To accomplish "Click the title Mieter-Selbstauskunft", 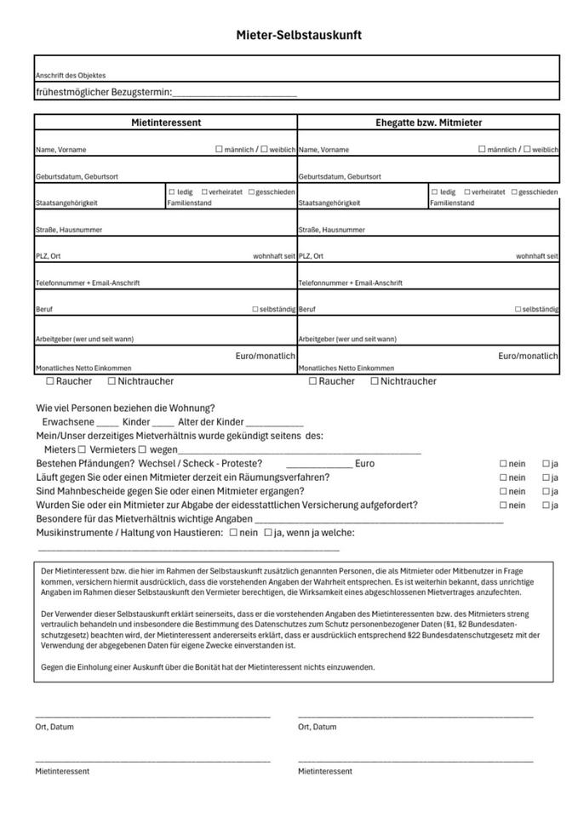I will (299, 35).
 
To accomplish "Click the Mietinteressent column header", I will (166, 123).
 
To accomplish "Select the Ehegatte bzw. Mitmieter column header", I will (428, 123).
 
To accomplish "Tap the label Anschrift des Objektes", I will (71, 76).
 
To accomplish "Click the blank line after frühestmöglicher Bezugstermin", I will (234, 93).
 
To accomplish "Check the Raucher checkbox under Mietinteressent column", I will (50, 381).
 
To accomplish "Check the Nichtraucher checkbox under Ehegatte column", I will (375, 381).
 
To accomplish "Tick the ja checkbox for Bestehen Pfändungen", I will (546, 465).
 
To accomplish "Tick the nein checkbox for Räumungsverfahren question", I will (502, 478).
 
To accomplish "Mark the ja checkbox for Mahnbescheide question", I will (546, 492).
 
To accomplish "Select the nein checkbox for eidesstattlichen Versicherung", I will (502, 506).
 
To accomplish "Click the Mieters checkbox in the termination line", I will (82, 449).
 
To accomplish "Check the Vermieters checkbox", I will (142, 449).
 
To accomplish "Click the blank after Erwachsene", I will (107, 423).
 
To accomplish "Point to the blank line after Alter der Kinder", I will (274, 423).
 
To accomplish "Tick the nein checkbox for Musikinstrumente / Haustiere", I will (233, 533).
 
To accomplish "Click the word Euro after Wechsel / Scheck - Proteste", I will (364, 464).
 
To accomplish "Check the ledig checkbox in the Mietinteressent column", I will (172, 192).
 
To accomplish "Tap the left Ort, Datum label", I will (54, 727).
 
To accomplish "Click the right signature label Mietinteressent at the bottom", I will (324, 771).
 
